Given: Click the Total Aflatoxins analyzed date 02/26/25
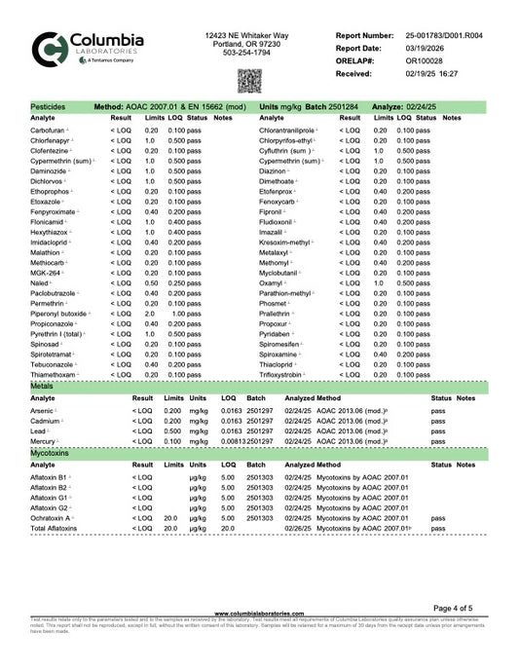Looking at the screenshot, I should [x=296, y=529].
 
